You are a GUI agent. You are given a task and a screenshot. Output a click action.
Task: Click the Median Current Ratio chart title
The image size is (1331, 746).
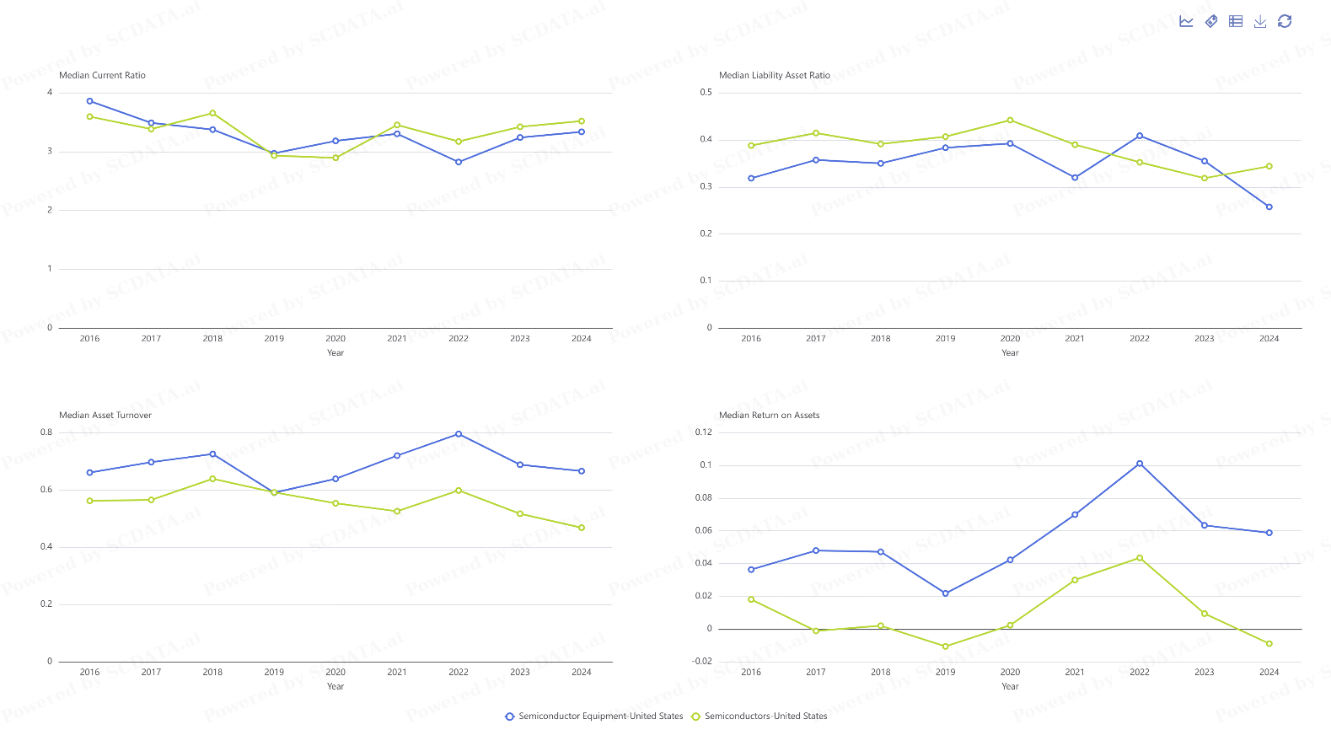click(x=102, y=76)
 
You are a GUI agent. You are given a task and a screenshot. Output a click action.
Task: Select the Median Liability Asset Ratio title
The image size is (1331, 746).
click(x=774, y=76)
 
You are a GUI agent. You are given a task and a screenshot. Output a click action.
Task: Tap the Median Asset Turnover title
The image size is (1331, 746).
click(x=105, y=416)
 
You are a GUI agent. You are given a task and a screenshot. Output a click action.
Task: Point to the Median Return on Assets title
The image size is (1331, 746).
click(x=769, y=416)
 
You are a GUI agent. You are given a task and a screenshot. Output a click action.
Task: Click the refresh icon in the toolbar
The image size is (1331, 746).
click(x=1284, y=21)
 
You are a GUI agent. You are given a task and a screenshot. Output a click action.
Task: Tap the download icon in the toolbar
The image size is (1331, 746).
click(x=1259, y=21)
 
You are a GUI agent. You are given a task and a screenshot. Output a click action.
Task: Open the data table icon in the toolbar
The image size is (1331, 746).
click(x=1235, y=21)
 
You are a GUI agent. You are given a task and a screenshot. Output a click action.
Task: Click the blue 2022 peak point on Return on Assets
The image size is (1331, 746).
click(x=1140, y=464)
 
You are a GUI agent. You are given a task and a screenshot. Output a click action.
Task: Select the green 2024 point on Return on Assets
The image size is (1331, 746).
click(x=1269, y=644)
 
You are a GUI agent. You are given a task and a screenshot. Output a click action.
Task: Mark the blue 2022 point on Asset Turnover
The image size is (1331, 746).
click(x=459, y=434)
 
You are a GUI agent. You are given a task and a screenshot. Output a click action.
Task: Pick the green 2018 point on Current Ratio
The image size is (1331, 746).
click(x=212, y=113)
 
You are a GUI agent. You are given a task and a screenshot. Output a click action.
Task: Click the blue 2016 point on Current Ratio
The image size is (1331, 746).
click(x=90, y=101)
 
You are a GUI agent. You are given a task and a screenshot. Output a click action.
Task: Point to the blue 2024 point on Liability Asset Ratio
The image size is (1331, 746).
click(x=1269, y=207)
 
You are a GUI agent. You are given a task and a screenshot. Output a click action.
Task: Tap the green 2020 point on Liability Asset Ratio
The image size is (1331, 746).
click(x=1010, y=121)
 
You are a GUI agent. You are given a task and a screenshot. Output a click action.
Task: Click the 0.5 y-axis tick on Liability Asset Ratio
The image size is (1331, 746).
click(x=706, y=93)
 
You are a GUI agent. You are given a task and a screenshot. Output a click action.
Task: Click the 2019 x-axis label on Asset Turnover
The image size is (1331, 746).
click(x=274, y=673)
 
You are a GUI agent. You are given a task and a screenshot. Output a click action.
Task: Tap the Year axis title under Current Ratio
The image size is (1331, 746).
click(x=335, y=353)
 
